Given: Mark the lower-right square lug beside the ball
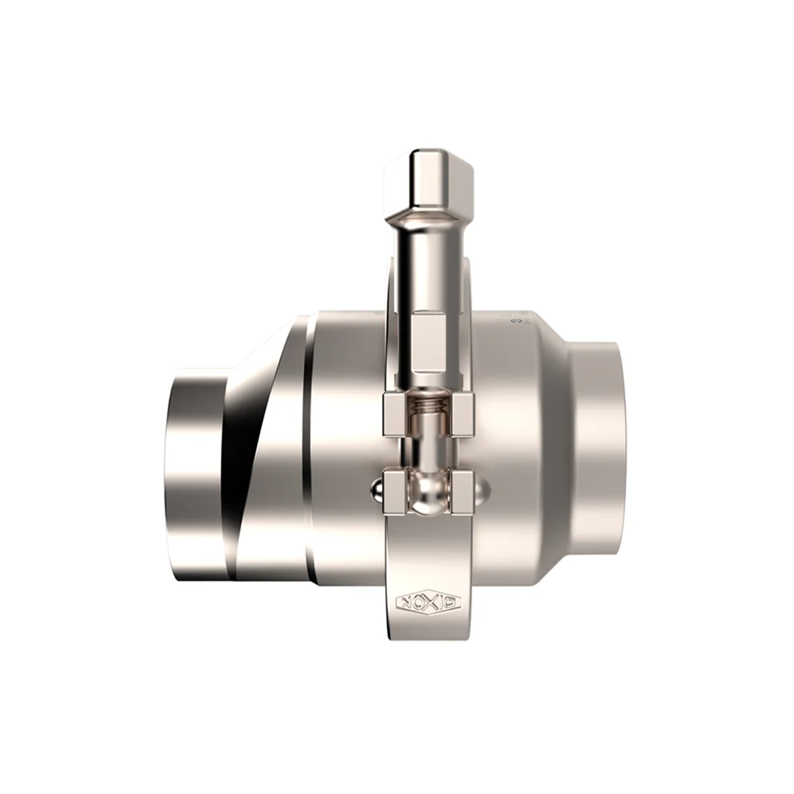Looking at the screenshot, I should click(461, 491).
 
